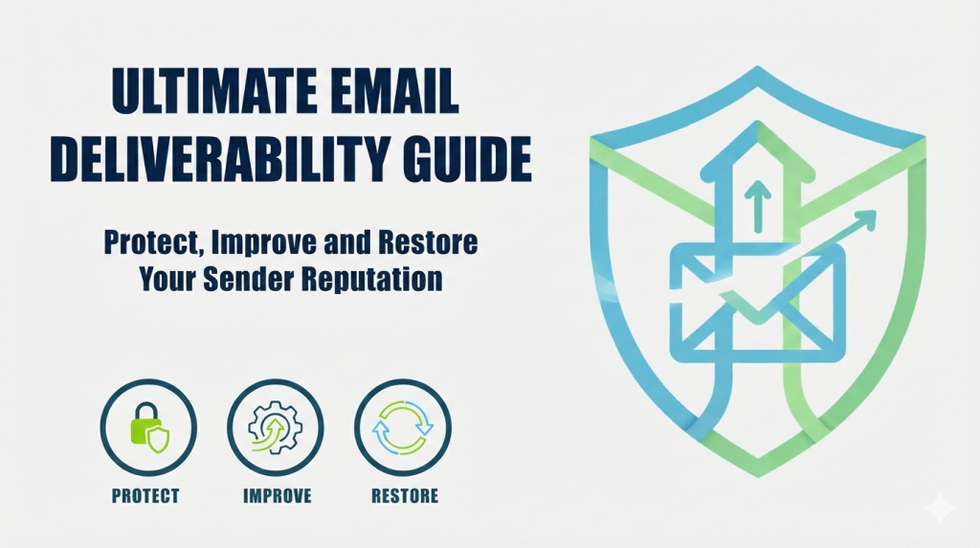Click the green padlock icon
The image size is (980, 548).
coord(148,428)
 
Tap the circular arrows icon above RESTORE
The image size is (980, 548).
coord(403,428)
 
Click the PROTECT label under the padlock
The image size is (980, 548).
coord(145,496)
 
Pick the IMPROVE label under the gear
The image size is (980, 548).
coord(276,496)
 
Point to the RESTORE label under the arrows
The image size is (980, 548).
coord(404,496)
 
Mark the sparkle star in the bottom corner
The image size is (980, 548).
coord(940,508)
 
